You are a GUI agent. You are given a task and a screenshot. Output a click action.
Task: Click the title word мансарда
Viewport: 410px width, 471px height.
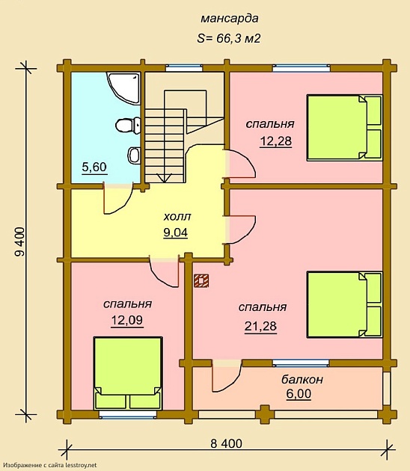pos(230,19)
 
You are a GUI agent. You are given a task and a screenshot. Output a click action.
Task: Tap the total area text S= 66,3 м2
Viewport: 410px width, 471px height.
pos(228,38)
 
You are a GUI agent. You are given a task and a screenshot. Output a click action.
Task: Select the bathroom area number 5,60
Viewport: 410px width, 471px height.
pos(94,167)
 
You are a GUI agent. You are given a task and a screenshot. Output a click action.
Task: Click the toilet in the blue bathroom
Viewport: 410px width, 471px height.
pos(128,126)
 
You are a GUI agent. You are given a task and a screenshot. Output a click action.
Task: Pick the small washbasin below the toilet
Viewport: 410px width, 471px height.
pos(134,155)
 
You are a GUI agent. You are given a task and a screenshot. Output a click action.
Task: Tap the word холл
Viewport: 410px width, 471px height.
pos(177,217)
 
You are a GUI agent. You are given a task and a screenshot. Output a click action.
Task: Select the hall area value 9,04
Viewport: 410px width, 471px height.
pos(176,233)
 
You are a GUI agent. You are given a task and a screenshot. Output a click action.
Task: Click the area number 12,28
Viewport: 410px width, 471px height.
pos(275,141)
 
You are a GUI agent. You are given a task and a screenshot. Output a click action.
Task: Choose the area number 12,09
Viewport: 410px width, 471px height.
pos(127,321)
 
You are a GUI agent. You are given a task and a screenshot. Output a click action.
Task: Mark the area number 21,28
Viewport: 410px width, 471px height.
pos(260,327)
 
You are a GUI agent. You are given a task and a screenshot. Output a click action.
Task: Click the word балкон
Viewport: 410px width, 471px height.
pos(302,380)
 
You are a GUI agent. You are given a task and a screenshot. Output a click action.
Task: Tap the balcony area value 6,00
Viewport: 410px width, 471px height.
pos(299,394)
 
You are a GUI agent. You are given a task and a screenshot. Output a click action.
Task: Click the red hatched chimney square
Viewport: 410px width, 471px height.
pos(201,281)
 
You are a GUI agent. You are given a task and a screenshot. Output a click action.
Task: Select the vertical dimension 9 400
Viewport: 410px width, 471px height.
pos(20,241)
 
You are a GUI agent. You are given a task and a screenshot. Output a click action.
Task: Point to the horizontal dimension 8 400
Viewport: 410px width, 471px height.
pos(226,443)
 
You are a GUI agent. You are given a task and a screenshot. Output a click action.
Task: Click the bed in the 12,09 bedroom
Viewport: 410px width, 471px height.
pos(128,373)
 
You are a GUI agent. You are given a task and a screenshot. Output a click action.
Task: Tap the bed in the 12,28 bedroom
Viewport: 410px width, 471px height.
pos(344,128)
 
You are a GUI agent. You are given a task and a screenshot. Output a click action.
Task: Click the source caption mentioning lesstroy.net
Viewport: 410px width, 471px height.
pos(50,465)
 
